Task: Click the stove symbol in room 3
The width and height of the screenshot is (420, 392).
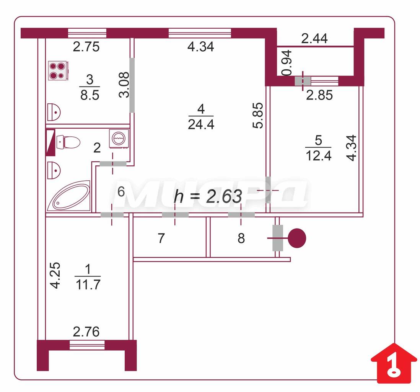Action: pyautogui.click(x=58, y=71)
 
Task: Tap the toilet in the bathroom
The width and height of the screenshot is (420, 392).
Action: pyautogui.click(x=68, y=142)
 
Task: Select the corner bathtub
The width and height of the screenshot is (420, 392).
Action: pyautogui.click(x=69, y=196)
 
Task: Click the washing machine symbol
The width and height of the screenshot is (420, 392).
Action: pyautogui.click(x=119, y=138)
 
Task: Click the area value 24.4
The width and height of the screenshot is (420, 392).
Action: pyautogui.click(x=201, y=124)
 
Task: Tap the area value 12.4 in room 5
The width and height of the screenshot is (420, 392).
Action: pyautogui.click(x=319, y=156)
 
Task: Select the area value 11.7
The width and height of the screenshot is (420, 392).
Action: pyautogui.click(x=88, y=284)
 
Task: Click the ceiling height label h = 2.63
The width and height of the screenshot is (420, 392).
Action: pyautogui.click(x=208, y=196)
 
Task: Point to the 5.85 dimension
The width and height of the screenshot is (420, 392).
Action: pyautogui.click(x=259, y=116)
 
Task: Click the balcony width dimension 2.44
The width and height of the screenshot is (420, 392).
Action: pyautogui.click(x=314, y=39)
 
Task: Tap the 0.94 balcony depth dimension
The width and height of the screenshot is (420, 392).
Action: pyautogui.click(x=287, y=63)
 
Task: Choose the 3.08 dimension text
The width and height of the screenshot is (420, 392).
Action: pyautogui.click(x=124, y=85)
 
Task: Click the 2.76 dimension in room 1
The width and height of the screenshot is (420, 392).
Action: pyautogui.click(x=86, y=332)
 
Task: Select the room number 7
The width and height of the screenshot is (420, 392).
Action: pyautogui.click(x=161, y=238)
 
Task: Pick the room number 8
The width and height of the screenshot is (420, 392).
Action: pyautogui.click(x=241, y=238)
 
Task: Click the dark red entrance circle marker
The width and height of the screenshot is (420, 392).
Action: pyautogui.click(x=297, y=238)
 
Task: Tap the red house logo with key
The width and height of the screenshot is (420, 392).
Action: pyautogui.click(x=394, y=364)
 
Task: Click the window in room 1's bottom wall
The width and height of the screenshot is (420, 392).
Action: pyautogui.click(x=87, y=345)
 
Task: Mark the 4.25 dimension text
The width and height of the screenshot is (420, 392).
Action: pyautogui.click(x=55, y=275)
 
